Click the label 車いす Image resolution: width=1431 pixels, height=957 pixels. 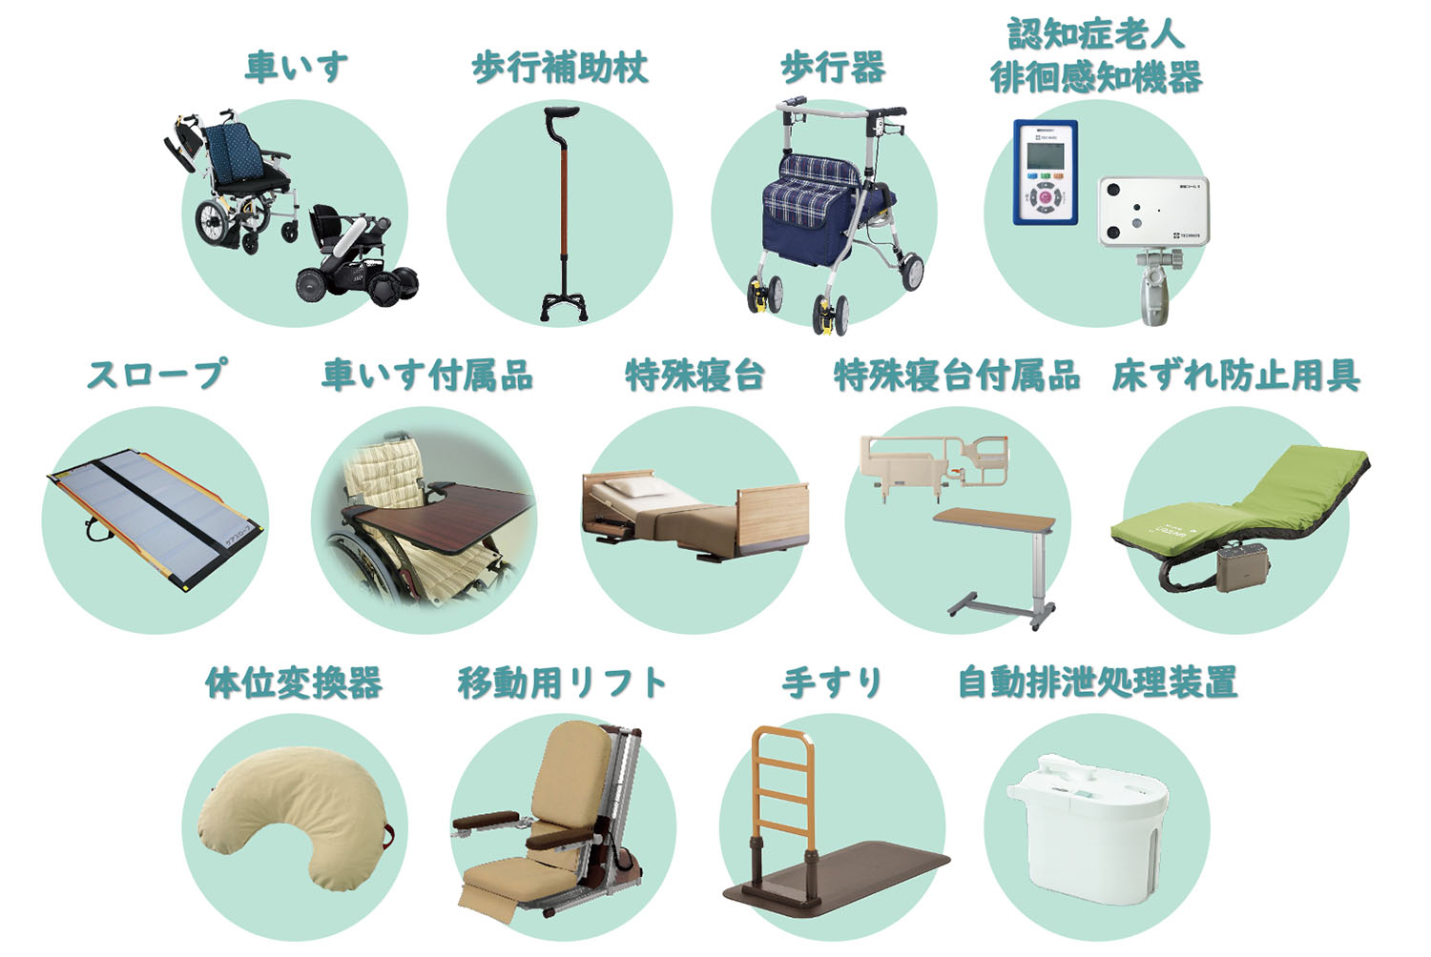(x=297, y=68)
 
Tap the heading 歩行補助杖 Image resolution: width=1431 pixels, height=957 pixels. (x=560, y=69)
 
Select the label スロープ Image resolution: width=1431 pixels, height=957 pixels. (x=156, y=374)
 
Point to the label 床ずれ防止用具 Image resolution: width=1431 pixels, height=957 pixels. (x=1235, y=376)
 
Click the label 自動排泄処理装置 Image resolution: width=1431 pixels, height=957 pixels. (x=1097, y=682)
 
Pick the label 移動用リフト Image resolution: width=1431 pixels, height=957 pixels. (x=562, y=682)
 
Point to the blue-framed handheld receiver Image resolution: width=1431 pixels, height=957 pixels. (x=1046, y=173)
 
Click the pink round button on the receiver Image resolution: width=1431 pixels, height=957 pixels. (x=1045, y=198)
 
